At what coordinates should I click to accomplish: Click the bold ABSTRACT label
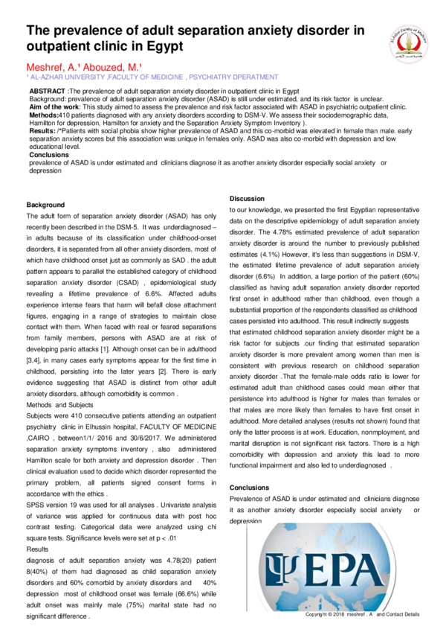pyautogui.click(x=48, y=91)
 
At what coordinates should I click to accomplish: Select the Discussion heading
pyautogui.click(x=247, y=199)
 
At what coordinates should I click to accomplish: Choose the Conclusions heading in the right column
pyautogui.click(x=250, y=488)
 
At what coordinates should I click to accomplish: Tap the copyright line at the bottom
pyautogui.click(x=363, y=614)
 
